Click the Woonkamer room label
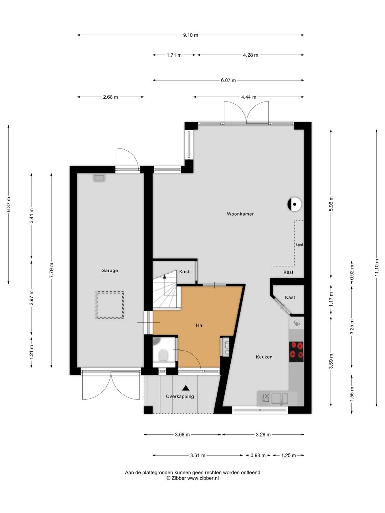pyautogui.click(x=240, y=214)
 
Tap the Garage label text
pyautogui.click(x=109, y=270)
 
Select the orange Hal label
pyautogui.click(x=200, y=325)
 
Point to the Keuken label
pyautogui.click(x=264, y=357)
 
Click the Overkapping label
pyautogui.click(x=180, y=397)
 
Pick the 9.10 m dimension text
pyautogui.click(x=190, y=35)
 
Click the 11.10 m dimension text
pyautogui.click(x=376, y=268)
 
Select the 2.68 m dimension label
pyautogui.click(x=111, y=97)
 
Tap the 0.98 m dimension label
pyautogui.click(x=258, y=455)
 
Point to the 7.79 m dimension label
pyautogui.click(x=51, y=270)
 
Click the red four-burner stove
pyautogui.click(x=296, y=352)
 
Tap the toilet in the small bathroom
pyautogui.click(x=163, y=356)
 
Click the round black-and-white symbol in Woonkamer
pyautogui.click(x=294, y=204)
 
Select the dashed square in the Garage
pyautogui.click(x=110, y=305)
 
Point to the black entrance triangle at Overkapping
pyautogui.click(x=186, y=388)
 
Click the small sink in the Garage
pyautogui.click(x=99, y=178)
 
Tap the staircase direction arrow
pyautogui.click(x=164, y=276)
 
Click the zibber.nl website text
pyautogui.click(x=203, y=478)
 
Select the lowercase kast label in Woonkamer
pyautogui.click(x=299, y=245)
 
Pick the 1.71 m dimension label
pyautogui.click(x=174, y=55)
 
